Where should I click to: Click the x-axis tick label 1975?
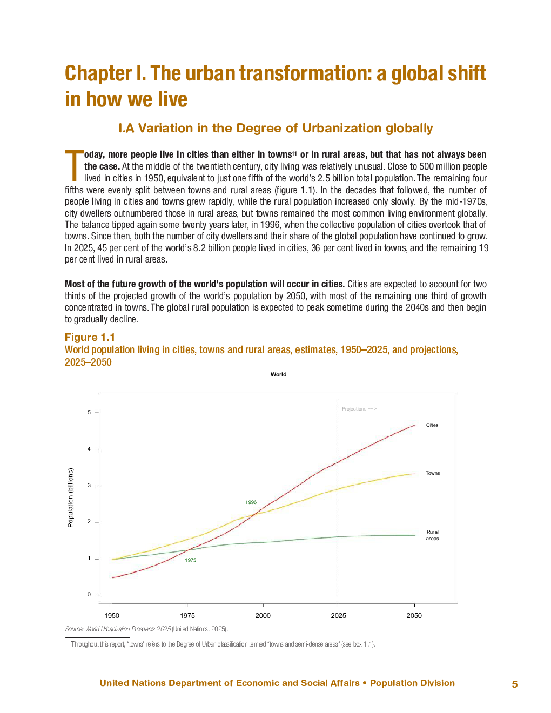tap(187, 615)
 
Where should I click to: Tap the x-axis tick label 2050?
tap(414, 615)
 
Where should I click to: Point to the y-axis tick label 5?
tap(89, 412)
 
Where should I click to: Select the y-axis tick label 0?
tap(89, 594)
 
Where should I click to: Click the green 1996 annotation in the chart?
tap(251, 502)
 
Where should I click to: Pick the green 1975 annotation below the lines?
tap(190, 560)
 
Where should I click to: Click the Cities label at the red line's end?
tap(432, 425)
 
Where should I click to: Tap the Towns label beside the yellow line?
tap(433, 473)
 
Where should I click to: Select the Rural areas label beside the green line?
tap(432, 535)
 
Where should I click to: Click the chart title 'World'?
tap(279, 374)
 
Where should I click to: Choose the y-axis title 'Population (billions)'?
tap(70, 497)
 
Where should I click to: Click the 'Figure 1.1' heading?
tap(90, 337)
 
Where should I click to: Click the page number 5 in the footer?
tap(515, 684)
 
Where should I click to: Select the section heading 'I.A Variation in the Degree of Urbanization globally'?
tap(275, 128)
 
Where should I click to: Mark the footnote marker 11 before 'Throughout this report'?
tap(68, 642)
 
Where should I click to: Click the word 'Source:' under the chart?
tap(74, 629)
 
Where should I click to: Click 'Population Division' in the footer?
tap(412, 683)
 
